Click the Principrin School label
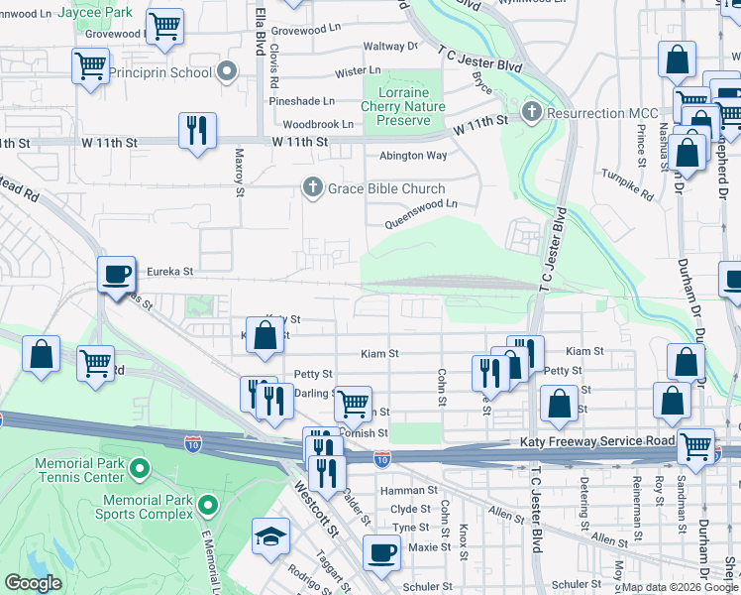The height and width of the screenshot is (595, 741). click(x=162, y=72)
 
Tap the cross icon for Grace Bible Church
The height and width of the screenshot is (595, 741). click(x=313, y=187)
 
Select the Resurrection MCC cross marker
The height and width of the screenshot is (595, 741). click(x=533, y=112)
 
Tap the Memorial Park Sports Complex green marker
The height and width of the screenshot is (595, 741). click(x=207, y=507)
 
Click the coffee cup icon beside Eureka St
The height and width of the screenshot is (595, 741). click(x=116, y=273)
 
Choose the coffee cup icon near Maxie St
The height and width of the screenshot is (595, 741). click(x=380, y=552)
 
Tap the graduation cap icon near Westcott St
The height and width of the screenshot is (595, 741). click(x=269, y=535)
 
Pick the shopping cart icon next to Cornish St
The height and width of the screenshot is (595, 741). click(x=353, y=404)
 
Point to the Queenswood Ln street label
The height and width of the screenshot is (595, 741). click(x=424, y=203)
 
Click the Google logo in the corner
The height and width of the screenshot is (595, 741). click(x=33, y=583)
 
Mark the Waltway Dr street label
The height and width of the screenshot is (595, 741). click(x=390, y=47)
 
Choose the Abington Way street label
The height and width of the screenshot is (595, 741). click(x=413, y=156)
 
